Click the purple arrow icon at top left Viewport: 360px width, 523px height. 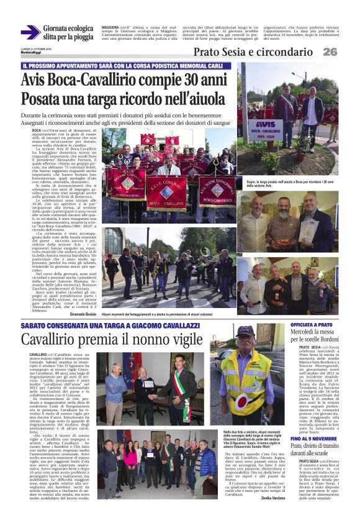[x=30, y=33]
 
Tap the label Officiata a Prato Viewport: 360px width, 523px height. [x=308, y=325]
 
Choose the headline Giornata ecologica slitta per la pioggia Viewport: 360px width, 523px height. [x=68, y=33]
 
